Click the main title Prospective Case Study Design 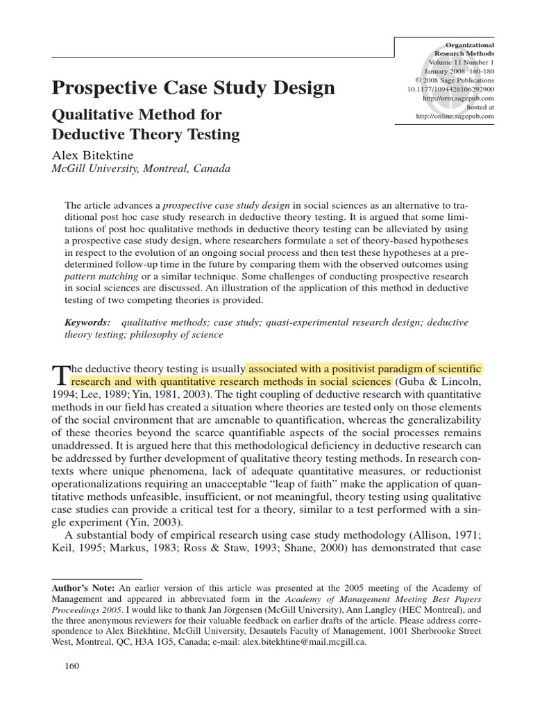click(x=194, y=88)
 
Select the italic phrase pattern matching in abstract click(x=95, y=277)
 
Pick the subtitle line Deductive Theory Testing click(x=146, y=134)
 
